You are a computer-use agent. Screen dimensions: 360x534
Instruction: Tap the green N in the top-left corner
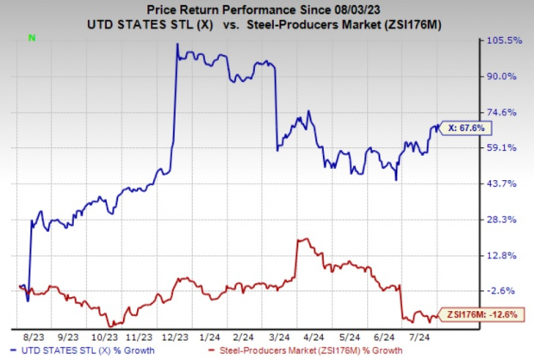click(x=32, y=38)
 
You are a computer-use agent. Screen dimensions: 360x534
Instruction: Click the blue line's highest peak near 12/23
click(x=177, y=44)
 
